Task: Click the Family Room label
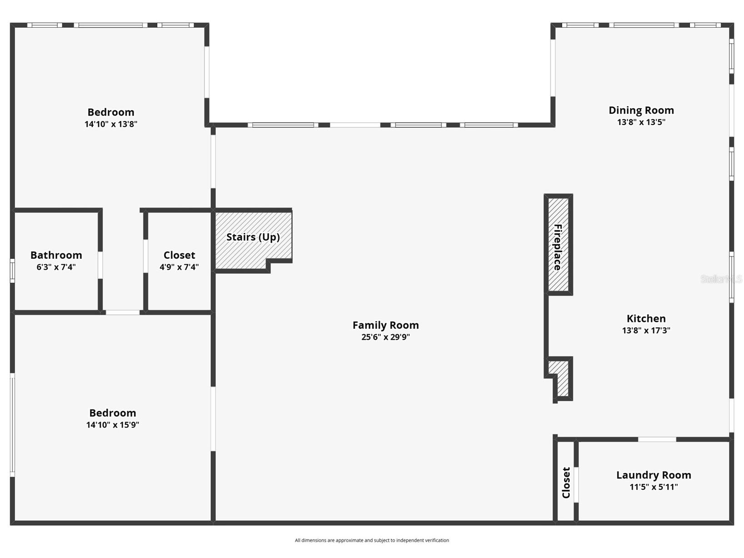(385, 325)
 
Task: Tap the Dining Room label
(641, 110)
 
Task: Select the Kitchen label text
(646, 318)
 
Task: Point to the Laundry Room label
(653, 475)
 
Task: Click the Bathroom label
(56, 255)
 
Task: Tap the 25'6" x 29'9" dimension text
(385, 337)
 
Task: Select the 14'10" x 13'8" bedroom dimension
(110, 124)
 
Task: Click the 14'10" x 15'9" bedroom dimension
(112, 425)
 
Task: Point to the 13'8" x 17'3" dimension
(646, 331)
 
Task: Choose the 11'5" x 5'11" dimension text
(653, 487)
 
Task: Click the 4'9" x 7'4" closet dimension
(179, 267)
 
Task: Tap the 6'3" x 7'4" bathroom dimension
(56, 267)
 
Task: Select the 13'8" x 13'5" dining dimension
(641, 122)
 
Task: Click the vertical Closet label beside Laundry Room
(566, 483)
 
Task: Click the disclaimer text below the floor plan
(372, 540)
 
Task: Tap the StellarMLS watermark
(721, 279)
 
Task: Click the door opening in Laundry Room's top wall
(657, 439)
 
